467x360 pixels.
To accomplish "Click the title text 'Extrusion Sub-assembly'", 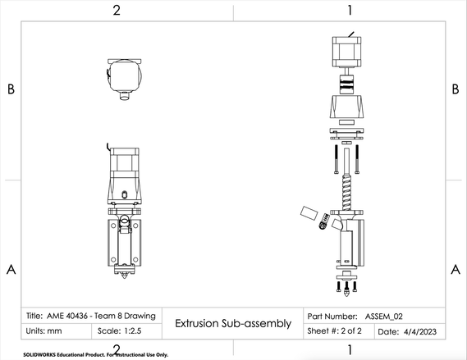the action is [x=233, y=323].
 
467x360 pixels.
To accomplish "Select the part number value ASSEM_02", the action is [x=384, y=317].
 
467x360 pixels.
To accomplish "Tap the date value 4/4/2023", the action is [x=420, y=331].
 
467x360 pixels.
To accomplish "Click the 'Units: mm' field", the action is [x=43, y=330].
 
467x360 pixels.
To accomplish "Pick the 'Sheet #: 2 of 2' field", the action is [x=335, y=330].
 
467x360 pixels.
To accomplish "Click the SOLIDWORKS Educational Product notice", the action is [x=95, y=354].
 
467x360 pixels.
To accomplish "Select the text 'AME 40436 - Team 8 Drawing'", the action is [x=101, y=316].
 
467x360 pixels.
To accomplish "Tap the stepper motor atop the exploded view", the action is [x=346, y=52].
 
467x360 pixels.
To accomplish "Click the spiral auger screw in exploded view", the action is [x=346, y=192].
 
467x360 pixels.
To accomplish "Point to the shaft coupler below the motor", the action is [x=346, y=84].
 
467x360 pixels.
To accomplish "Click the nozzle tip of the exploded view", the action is [x=346, y=293].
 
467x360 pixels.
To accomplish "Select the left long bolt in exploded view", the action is [x=336, y=159].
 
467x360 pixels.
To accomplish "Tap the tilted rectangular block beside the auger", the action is [x=309, y=213].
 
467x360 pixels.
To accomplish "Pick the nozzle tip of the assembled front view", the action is [x=124, y=276].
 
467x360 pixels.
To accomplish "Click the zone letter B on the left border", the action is [x=11, y=89].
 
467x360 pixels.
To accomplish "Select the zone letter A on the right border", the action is [x=456, y=270].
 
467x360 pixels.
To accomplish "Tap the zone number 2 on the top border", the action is [x=117, y=11].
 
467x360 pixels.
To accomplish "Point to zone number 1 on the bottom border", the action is [x=350, y=350].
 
